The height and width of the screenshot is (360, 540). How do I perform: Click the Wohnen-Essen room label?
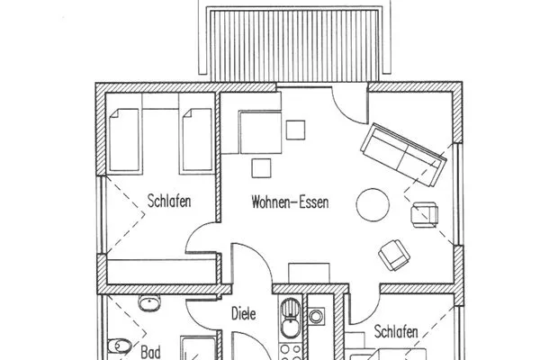point(291,203)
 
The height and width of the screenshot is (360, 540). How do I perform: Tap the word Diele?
point(244,315)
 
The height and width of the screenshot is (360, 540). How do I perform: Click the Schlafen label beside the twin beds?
point(168,202)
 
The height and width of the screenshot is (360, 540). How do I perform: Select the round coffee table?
point(373,204)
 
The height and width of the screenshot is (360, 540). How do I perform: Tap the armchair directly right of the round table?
point(422,214)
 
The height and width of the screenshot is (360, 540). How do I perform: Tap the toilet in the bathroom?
point(112,345)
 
